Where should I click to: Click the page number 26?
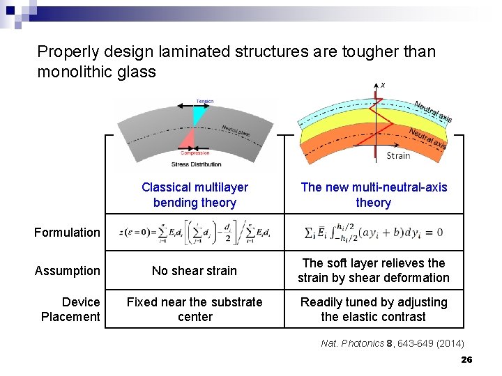(467, 359)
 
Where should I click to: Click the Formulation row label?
(67, 233)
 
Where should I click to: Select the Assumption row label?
(68, 271)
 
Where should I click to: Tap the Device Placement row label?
(70, 309)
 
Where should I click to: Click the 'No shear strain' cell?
(195, 271)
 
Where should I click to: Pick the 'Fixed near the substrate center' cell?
(195, 309)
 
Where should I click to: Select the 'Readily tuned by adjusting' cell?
(373, 309)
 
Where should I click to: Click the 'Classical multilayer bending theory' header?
(195, 195)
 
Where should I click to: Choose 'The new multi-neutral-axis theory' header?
(373, 195)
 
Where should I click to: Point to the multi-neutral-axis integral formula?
(374, 233)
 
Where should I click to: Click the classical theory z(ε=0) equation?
(195, 233)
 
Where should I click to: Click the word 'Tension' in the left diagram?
(205, 102)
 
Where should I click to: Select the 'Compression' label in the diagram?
(195, 153)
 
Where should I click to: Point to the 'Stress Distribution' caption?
(197, 164)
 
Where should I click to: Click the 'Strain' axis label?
(398, 156)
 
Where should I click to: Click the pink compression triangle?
(187, 140)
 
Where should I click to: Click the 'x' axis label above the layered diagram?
(383, 84)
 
